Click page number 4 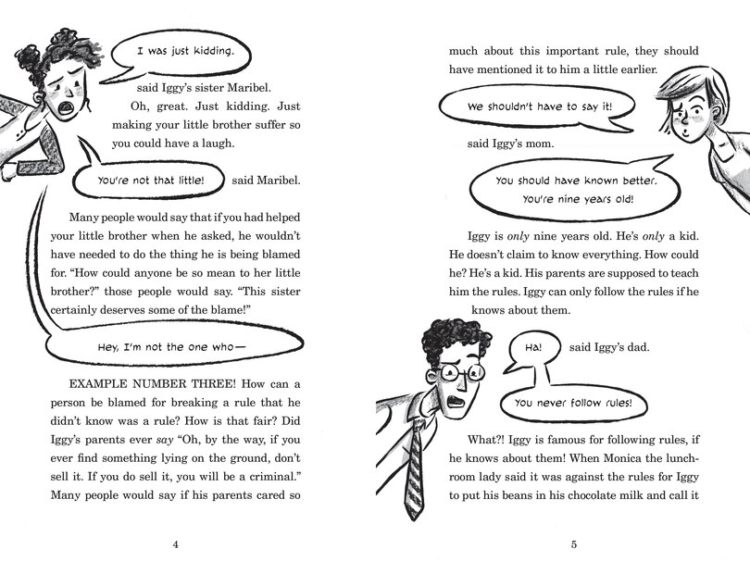[175, 543]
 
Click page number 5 [574, 543]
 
